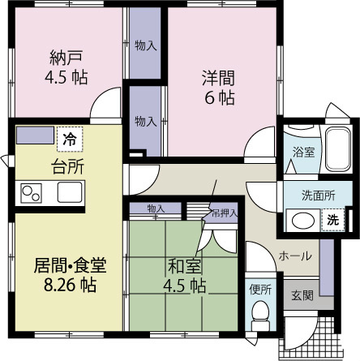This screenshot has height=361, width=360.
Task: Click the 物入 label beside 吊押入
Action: point(156,209)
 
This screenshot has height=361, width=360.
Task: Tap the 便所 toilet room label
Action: point(259,287)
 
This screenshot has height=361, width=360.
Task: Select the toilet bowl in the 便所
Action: point(259,313)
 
